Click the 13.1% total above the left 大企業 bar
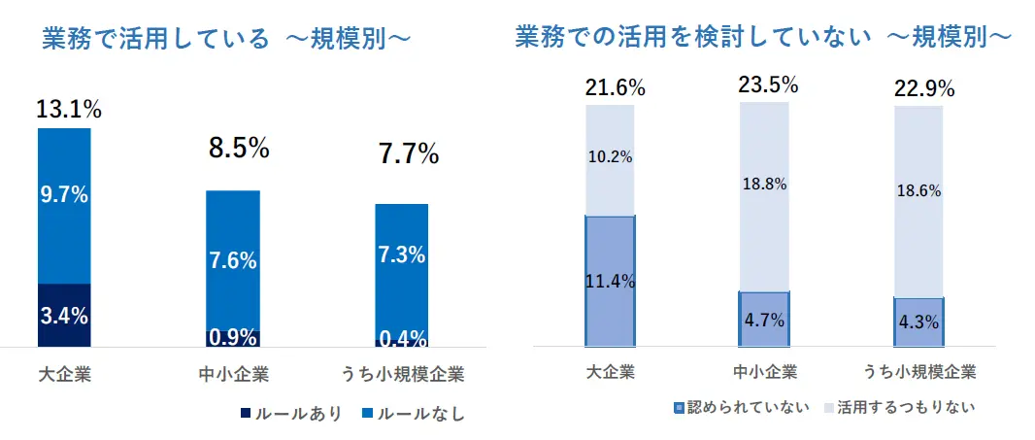click(x=69, y=110)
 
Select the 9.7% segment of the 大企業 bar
click(x=64, y=206)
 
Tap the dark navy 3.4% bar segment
click(x=64, y=315)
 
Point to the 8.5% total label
click(x=238, y=149)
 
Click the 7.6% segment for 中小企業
click(x=233, y=259)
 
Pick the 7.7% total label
click(x=408, y=153)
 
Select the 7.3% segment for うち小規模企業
click(x=402, y=255)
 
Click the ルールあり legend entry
click(x=290, y=414)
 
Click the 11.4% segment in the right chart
click(x=610, y=281)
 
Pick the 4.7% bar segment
click(x=764, y=319)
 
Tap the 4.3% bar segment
click(x=918, y=322)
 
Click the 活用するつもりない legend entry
click(x=898, y=407)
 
